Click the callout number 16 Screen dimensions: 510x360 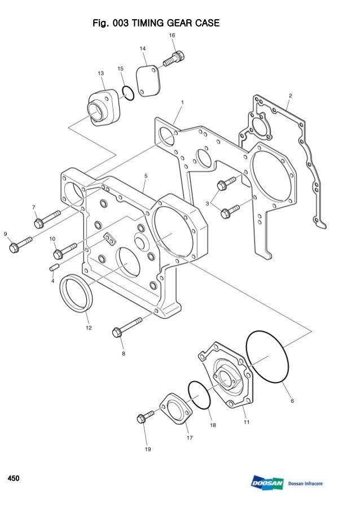pyautogui.click(x=172, y=35)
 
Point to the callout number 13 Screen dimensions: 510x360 pyautogui.click(x=100, y=73)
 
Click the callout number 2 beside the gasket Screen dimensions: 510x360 pyautogui.click(x=289, y=95)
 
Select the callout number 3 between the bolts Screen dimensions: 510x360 pyautogui.click(x=208, y=202)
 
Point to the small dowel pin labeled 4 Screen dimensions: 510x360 pyautogui.click(x=55, y=266)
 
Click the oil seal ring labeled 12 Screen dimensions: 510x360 pyautogui.click(x=77, y=292)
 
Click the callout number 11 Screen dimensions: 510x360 pyautogui.click(x=246, y=421)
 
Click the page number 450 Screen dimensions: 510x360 pyautogui.click(x=13, y=479)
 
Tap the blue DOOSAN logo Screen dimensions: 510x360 pyautogui.click(x=268, y=483)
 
